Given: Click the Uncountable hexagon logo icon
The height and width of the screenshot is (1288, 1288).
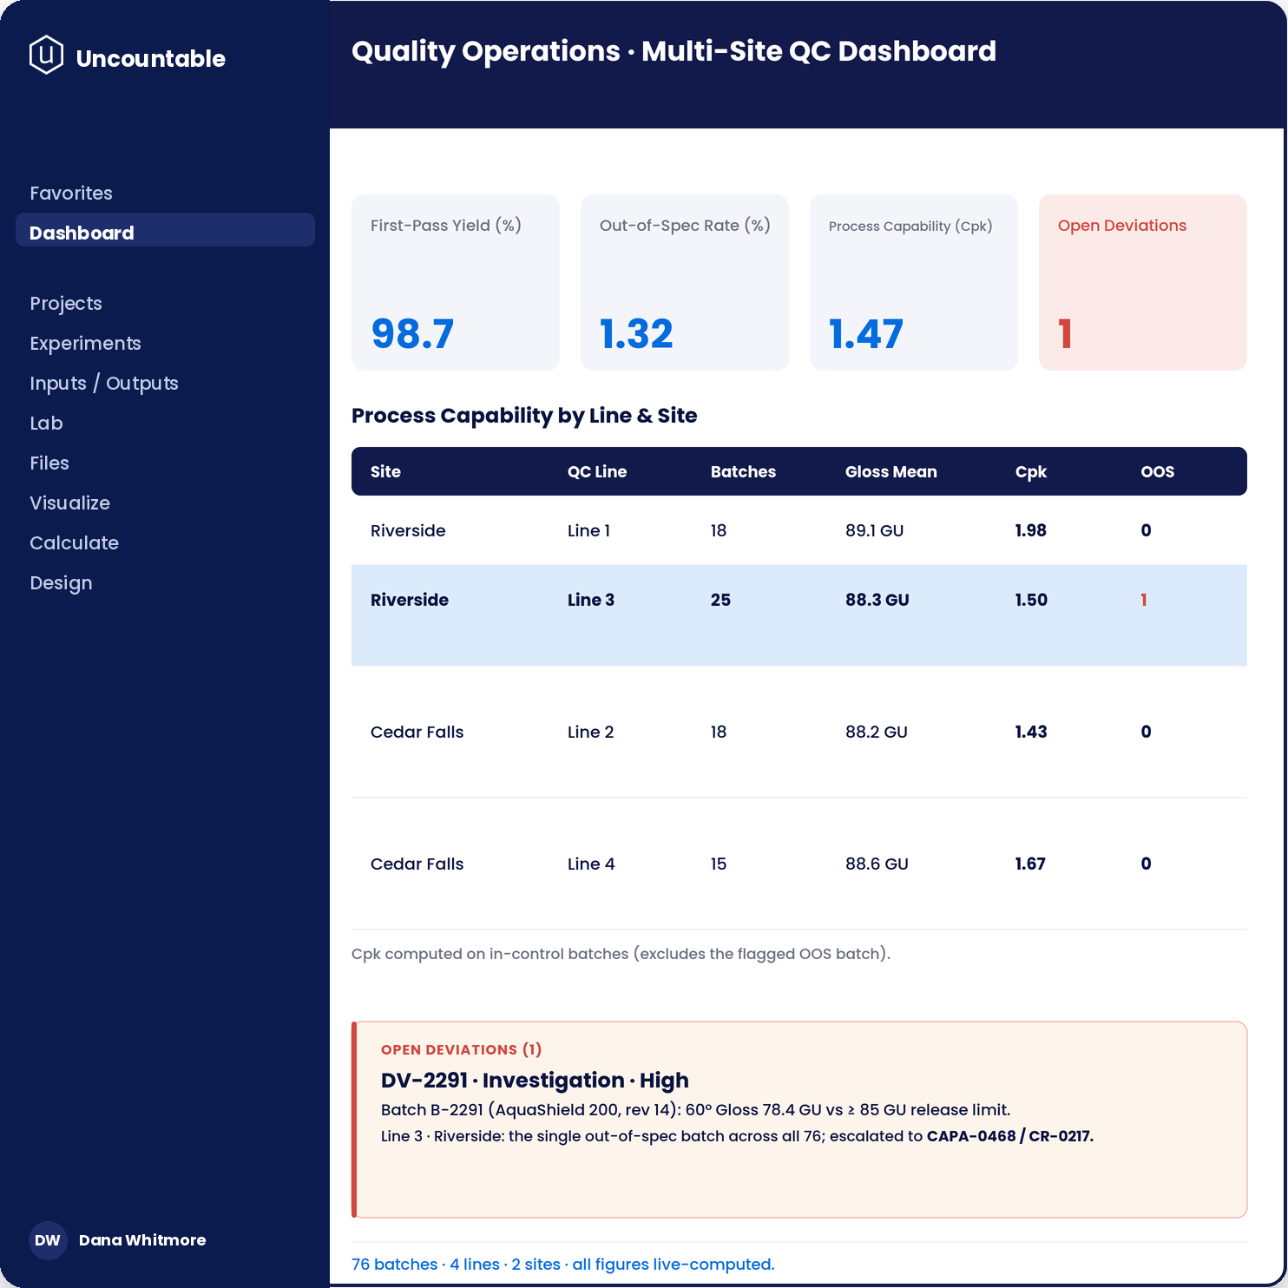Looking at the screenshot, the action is pyautogui.click(x=46, y=55).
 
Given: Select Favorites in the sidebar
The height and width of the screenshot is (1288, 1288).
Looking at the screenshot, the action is pyautogui.click(x=71, y=193).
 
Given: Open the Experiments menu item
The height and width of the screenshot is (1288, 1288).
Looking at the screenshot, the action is pyautogui.click(x=85, y=344).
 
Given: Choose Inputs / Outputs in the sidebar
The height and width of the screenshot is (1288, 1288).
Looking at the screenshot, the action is pyautogui.click(x=104, y=384).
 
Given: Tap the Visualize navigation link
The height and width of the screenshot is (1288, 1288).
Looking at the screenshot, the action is pyautogui.click(x=69, y=503).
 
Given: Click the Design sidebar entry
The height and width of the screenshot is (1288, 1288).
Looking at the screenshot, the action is pyautogui.click(x=61, y=583).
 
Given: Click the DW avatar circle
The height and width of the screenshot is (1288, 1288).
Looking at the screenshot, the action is pyautogui.click(x=48, y=1240).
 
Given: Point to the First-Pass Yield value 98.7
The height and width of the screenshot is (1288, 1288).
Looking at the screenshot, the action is pyautogui.click(x=412, y=334).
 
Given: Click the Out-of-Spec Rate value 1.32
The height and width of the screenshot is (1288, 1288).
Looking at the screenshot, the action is pyautogui.click(x=636, y=334).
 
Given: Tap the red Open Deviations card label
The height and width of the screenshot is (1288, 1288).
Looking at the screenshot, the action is pyautogui.click(x=1122, y=226).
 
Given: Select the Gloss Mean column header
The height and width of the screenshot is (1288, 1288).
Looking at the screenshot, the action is pyautogui.click(x=891, y=472).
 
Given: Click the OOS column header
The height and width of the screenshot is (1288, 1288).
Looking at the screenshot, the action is pyautogui.click(x=1158, y=472).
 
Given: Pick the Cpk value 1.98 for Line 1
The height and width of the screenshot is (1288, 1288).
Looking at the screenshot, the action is pyautogui.click(x=1031, y=530).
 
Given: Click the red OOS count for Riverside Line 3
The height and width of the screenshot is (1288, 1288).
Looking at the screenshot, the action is pyautogui.click(x=1144, y=600).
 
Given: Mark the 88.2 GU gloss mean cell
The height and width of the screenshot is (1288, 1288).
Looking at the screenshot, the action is pyautogui.click(x=877, y=732).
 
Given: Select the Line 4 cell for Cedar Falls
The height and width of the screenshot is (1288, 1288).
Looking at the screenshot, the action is pyautogui.click(x=591, y=864).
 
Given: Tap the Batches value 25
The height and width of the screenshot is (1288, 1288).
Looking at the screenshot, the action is pyautogui.click(x=720, y=600).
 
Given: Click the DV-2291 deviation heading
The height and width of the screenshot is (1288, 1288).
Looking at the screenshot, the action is pyautogui.click(x=535, y=1081).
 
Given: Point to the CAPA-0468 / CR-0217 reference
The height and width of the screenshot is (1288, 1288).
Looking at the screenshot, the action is pyautogui.click(x=1010, y=1136).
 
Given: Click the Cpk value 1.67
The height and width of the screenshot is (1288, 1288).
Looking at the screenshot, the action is pyautogui.click(x=1030, y=864).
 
